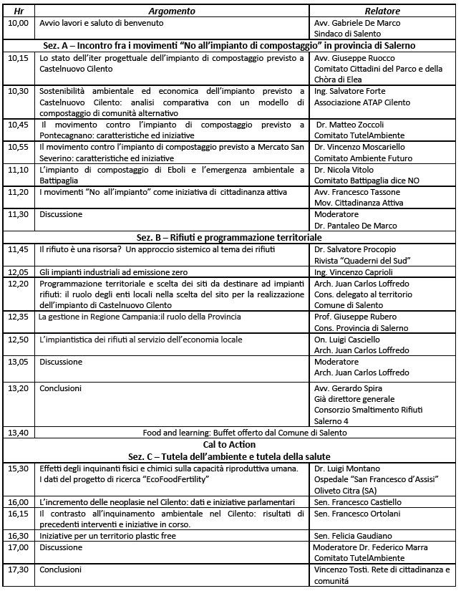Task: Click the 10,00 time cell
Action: [x=18, y=23]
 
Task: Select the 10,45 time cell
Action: [x=18, y=124]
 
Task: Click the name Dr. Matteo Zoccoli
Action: [x=351, y=124]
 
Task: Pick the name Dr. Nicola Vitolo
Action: [x=347, y=170]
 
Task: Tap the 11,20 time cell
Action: [x=18, y=192]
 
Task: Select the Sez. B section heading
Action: [x=230, y=237]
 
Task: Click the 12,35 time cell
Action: [x=18, y=317]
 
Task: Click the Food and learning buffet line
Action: [x=230, y=433]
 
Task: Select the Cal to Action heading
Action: [x=230, y=444]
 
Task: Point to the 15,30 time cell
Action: [x=18, y=468]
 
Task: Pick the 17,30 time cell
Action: [x=18, y=570]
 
